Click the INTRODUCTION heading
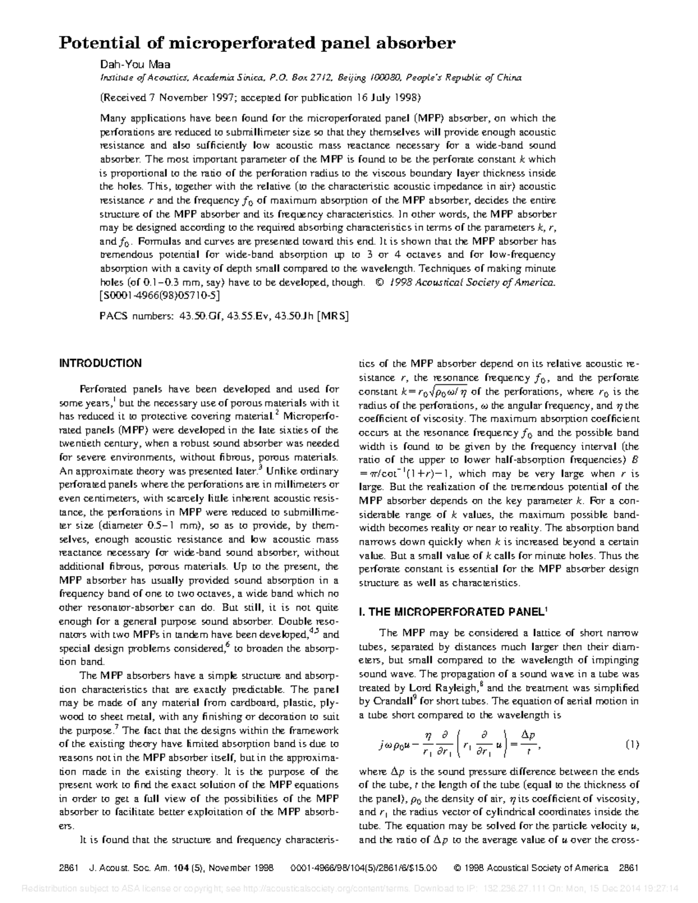pyautogui.click(x=101, y=363)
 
